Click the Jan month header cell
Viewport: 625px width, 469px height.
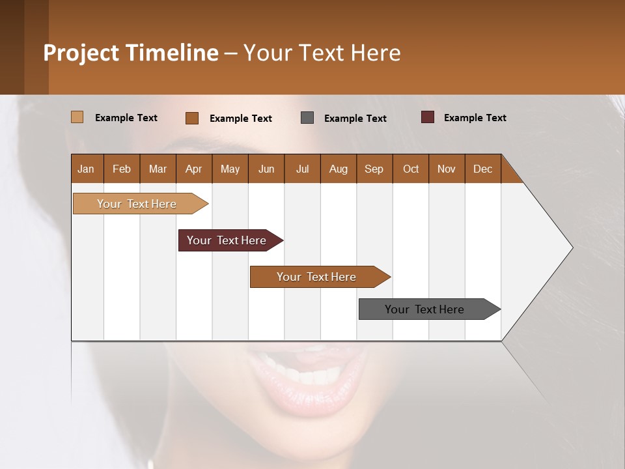pos(87,169)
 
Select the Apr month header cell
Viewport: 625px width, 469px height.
pos(194,169)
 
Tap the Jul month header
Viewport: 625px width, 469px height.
pos(302,169)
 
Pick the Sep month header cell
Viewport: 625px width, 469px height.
pos(374,169)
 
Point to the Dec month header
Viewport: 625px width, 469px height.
pos(482,169)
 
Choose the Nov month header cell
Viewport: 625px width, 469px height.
pos(447,169)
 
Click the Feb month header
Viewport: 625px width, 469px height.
pos(122,169)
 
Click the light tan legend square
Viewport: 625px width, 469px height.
pos(77,117)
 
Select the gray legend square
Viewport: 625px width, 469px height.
pos(307,117)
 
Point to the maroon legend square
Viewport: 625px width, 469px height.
pos(427,117)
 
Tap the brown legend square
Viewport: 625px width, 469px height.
pos(192,118)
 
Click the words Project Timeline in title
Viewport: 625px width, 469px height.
pos(131,53)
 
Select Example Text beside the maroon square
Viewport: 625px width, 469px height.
pos(475,118)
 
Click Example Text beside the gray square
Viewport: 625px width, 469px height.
pos(355,119)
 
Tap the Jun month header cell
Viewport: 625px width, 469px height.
pos(266,169)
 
